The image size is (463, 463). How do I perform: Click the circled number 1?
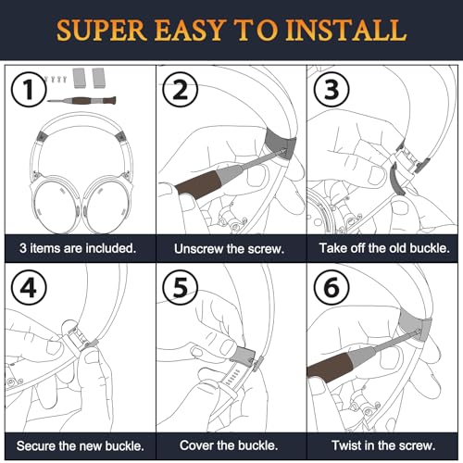(x=29, y=89)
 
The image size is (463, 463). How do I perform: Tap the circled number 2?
(x=181, y=90)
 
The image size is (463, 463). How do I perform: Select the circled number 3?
(x=332, y=89)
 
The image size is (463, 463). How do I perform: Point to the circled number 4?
(x=29, y=288)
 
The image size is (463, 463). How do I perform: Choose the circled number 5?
(x=181, y=288)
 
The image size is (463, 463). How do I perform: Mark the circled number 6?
(x=332, y=288)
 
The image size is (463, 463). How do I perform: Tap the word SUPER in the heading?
(x=101, y=31)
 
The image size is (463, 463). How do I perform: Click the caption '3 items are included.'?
(x=78, y=248)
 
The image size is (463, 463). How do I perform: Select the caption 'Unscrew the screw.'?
(x=229, y=249)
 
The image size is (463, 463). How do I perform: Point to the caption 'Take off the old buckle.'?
(x=384, y=248)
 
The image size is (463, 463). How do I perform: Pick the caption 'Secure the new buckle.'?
(x=81, y=446)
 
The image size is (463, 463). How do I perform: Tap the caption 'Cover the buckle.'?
(x=229, y=445)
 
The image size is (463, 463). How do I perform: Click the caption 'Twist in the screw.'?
(x=383, y=445)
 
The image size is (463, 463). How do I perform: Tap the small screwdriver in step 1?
(x=81, y=100)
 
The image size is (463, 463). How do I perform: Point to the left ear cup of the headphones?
(x=56, y=206)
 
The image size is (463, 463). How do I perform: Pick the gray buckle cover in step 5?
(x=244, y=355)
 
